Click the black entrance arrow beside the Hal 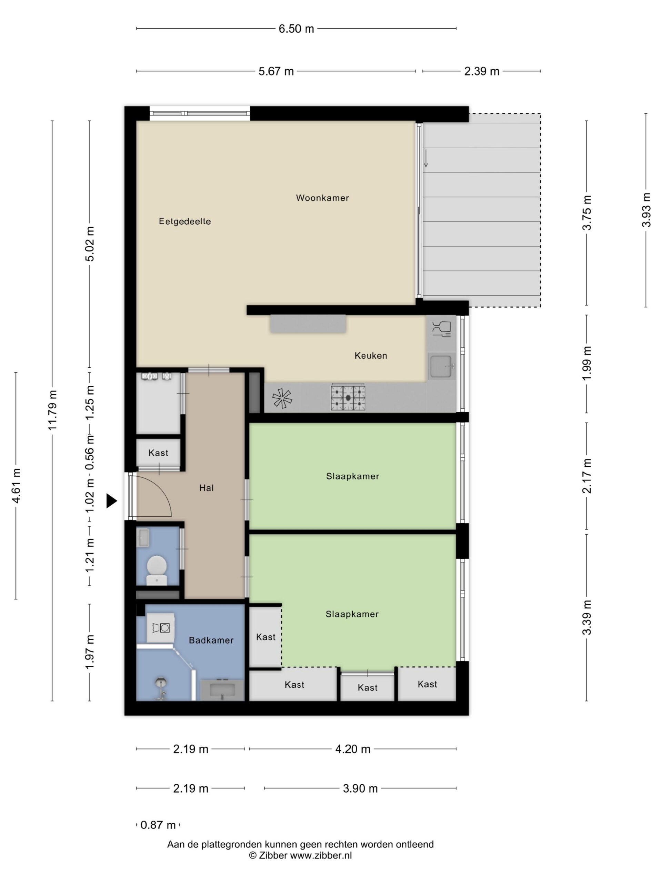[111, 500]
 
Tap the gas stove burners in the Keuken [348, 398]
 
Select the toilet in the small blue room [157, 570]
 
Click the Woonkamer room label [322, 198]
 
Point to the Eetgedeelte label [185, 221]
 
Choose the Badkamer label [211, 640]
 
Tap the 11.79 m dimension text [53, 410]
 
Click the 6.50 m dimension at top [296, 29]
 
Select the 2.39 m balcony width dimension [482, 71]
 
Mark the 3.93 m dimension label [646, 210]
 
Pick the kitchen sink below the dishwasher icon [441, 366]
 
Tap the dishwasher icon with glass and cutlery [441, 329]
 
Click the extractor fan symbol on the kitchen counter [282, 398]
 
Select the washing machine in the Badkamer [161, 627]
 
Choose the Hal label [206, 488]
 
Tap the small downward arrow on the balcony [426, 158]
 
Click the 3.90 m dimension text [360, 788]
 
